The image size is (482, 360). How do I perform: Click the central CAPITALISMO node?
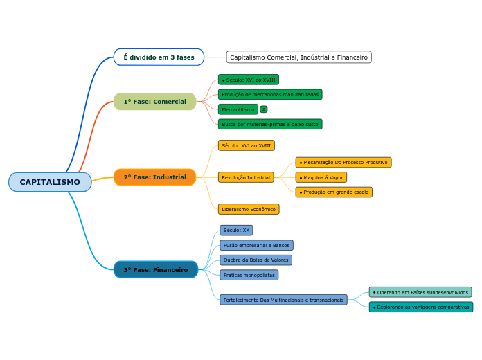pos(50,182)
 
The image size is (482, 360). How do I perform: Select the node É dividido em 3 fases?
pos(159,57)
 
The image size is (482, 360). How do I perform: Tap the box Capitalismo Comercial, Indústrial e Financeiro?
pos(298,57)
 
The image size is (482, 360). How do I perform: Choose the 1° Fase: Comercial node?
pos(154,102)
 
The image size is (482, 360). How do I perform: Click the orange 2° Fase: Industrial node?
pos(154,177)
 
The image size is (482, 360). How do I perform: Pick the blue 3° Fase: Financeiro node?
pos(155,269)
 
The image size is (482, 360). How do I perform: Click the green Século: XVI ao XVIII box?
pos(249,80)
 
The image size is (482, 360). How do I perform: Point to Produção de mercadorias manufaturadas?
pos(270,94)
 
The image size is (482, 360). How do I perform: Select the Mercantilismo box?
pos(238,109)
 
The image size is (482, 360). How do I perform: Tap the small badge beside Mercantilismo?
pos(264,109)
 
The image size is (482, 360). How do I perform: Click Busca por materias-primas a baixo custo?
pos(270,124)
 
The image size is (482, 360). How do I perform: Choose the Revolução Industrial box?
pos(246,177)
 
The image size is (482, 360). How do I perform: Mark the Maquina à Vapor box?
pos(321,177)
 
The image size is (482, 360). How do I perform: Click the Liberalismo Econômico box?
pos(249,209)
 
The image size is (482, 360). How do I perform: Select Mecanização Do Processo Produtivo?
pos(343,162)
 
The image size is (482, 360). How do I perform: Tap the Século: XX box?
pos(236,230)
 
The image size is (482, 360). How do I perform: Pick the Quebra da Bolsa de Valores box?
pos(256,260)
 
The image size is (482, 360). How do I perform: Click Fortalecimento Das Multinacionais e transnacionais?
pos(283,300)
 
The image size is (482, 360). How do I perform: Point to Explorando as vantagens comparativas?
pos(421,307)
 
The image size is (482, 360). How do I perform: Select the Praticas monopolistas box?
pos(249,275)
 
